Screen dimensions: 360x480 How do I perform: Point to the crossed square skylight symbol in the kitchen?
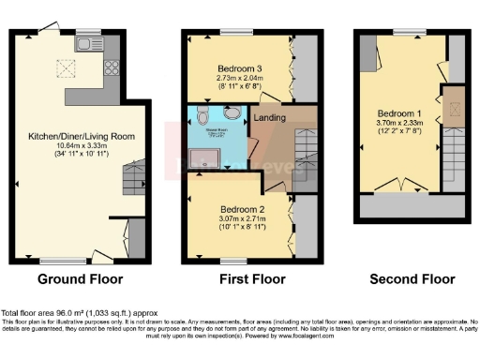pyautogui.click(x=67, y=67)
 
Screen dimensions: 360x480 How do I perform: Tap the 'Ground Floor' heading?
pyautogui.click(x=80, y=279)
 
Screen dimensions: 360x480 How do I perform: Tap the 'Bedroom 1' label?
pyautogui.click(x=393, y=113)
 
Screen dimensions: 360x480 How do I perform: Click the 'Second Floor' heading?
pyautogui.click(x=412, y=279)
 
